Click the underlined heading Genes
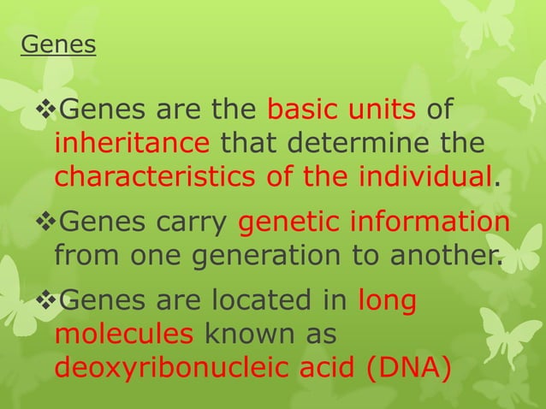pos(58,45)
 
